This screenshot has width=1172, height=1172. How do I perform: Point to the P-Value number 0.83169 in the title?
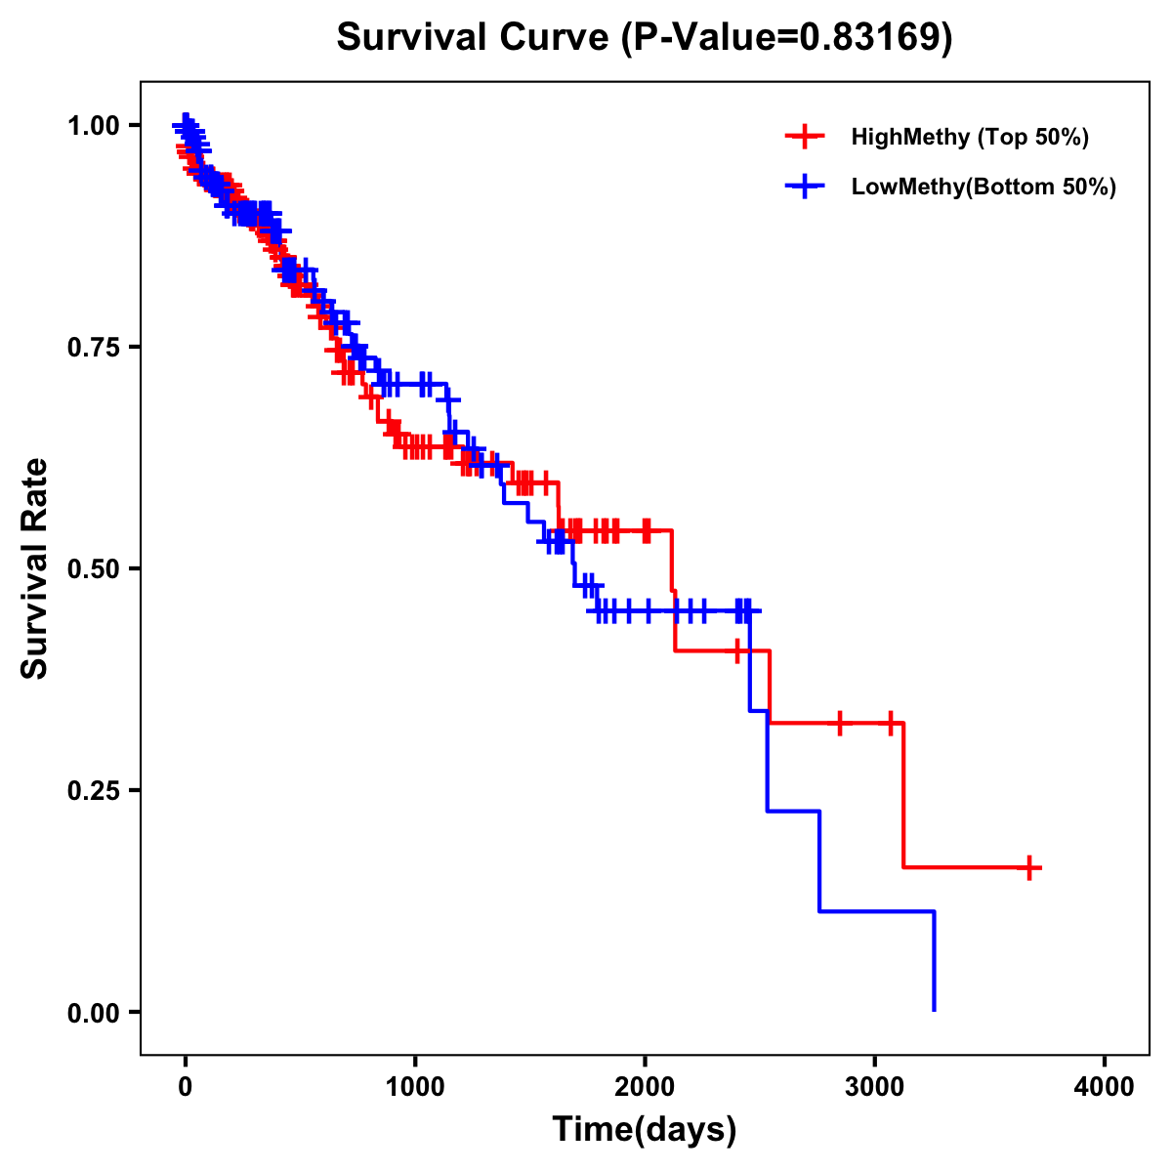(871, 37)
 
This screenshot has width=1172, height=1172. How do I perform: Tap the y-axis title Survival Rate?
(35, 567)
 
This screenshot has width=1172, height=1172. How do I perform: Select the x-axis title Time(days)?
(645, 1130)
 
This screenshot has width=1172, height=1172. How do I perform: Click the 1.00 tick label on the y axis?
(93, 125)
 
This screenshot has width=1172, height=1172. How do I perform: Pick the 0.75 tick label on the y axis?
(93, 347)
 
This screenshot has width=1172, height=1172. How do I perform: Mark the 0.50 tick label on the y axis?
(93, 568)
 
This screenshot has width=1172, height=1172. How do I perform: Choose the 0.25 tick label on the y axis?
(93, 790)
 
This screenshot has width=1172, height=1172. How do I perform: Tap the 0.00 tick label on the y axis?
(93, 1012)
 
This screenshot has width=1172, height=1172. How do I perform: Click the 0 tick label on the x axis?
(185, 1086)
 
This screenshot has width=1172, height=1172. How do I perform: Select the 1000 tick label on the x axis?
(415, 1086)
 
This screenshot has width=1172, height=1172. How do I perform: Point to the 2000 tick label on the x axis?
(645, 1086)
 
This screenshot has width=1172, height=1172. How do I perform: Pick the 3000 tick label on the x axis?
(875, 1086)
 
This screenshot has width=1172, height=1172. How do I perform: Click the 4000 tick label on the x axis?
(1105, 1086)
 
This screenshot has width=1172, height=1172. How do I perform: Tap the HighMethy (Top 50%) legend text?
(970, 137)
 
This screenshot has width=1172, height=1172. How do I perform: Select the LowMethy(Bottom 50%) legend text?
(984, 187)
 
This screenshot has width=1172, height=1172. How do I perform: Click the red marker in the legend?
(805, 137)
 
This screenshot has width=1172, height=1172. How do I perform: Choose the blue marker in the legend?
(805, 187)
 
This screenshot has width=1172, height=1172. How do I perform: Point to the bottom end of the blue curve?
(935, 1009)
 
